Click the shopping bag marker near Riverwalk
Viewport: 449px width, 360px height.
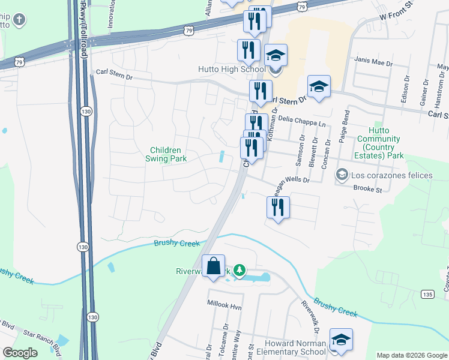click(x=214, y=266)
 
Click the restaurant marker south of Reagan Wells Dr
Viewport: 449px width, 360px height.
click(x=278, y=208)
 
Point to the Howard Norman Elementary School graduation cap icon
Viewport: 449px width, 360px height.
click(x=341, y=340)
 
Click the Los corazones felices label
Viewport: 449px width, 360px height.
click(x=392, y=175)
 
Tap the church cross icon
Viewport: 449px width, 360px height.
click(x=19, y=21)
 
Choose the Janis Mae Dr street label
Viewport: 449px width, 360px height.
click(x=373, y=62)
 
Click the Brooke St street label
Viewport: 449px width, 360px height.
click(x=367, y=189)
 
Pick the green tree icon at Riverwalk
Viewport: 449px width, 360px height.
click(x=240, y=271)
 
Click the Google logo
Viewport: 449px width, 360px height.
click(x=20, y=353)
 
